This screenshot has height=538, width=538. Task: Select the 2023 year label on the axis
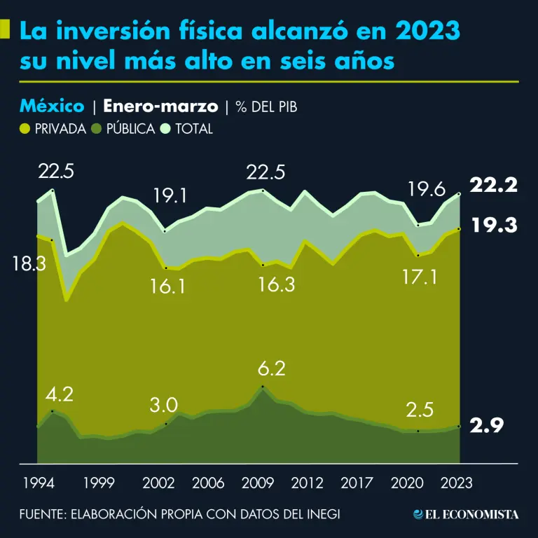click(458, 483)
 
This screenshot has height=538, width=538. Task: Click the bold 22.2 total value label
click(493, 185)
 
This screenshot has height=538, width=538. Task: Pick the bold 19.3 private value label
click(493, 225)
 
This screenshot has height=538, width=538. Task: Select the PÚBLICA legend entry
click(124, 129)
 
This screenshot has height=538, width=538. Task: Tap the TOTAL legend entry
click(187, 129)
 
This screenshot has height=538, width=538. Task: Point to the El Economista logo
click(467, 514)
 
